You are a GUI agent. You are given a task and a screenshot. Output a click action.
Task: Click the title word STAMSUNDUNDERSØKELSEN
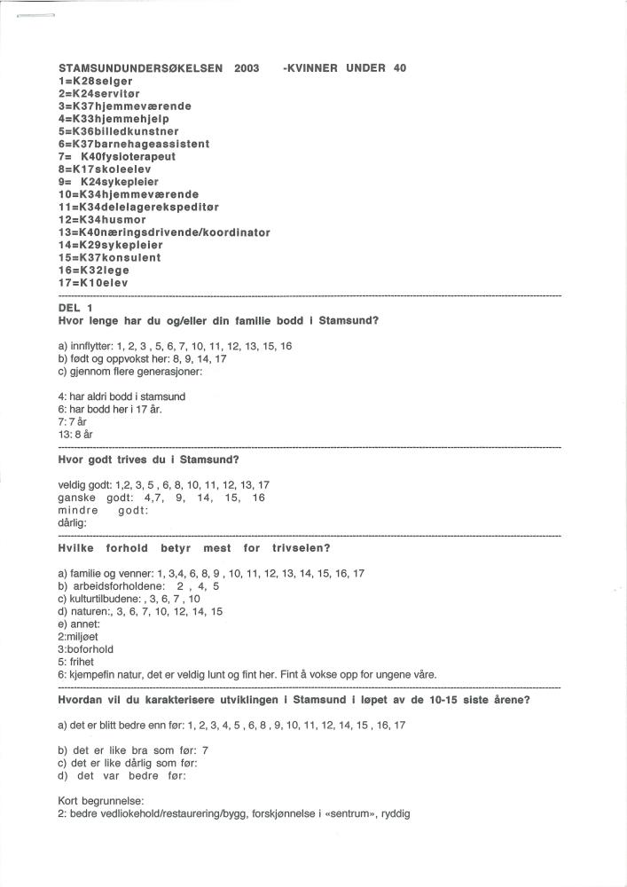pos(141,68)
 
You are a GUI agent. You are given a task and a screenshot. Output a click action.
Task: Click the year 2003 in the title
pos(247,68)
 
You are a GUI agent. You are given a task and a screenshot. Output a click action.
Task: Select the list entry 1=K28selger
pos(95,81)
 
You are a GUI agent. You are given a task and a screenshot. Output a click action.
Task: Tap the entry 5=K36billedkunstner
pos(118,131)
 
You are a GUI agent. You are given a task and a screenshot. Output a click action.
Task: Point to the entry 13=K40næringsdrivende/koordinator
pos(164,232)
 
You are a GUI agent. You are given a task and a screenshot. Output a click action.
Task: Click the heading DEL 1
pos(75,307)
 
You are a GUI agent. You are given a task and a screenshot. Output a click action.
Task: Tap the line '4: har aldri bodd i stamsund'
pos(121,396)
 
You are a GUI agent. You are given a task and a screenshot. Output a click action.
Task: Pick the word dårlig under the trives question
pos(72,523)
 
